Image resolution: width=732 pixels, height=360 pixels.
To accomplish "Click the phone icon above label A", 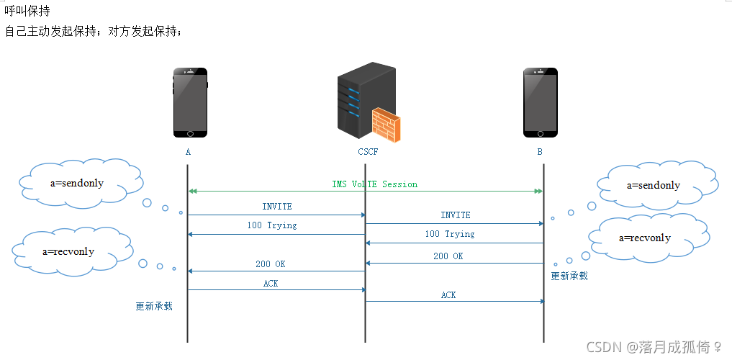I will [x=190, y=102].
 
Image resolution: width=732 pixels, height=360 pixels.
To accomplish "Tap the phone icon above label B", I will [x=541, y=102].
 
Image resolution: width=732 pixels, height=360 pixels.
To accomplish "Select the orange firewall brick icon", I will [x=387, y=124].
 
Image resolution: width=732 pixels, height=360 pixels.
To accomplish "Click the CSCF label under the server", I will [x=368, y=152].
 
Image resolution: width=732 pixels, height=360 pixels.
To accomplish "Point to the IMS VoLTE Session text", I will [x=374, y=184].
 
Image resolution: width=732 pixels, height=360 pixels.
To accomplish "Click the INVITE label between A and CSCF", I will [x=277, y=207].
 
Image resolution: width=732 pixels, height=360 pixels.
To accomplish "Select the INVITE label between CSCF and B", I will [x=456, y=215].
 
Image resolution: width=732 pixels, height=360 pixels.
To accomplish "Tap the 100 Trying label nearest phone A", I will [x=272, y=225].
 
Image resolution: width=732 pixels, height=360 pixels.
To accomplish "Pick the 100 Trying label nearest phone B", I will [x=450, y=234].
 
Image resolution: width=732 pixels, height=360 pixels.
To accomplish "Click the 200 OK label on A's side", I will [x=271, y=264].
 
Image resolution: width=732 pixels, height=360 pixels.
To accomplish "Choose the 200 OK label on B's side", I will [x=448, y=256].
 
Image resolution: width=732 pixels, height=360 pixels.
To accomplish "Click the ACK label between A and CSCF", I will [x=271, y=284].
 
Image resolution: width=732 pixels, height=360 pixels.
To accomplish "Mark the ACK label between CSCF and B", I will [x=448, y=295].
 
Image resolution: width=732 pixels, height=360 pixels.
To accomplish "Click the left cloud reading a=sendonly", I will [x=78, y=183].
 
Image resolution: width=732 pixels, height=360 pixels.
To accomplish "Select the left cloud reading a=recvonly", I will [x=68, y=251].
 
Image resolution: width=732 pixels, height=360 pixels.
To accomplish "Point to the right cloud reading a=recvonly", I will [x=645, y=238].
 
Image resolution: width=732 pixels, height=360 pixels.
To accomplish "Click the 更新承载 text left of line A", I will [x=154, y=306].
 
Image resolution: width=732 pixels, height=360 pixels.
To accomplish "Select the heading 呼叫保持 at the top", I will [x=27, y=12].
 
